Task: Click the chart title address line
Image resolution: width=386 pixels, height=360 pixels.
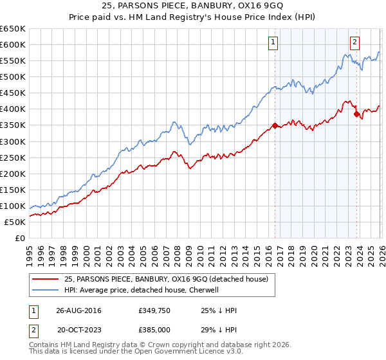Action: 192,8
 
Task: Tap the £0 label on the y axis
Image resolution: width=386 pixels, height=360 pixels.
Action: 21,238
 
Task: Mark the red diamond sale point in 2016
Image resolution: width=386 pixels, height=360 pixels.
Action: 275,125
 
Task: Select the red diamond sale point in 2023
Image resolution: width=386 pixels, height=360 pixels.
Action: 356,114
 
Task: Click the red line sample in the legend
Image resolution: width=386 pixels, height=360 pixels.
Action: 46,278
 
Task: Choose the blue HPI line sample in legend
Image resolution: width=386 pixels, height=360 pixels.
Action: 46,290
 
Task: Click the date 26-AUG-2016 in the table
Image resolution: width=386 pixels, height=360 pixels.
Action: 78,310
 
